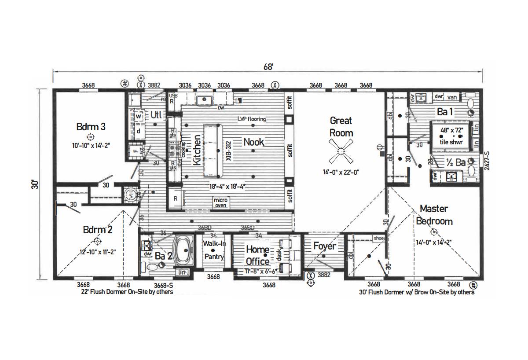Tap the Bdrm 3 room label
(91, 127)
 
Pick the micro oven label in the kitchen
(220, 202)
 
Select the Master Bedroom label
(435, 214)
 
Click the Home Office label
(257, 255)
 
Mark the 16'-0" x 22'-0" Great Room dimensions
(341, 173)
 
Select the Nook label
(254, 142)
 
